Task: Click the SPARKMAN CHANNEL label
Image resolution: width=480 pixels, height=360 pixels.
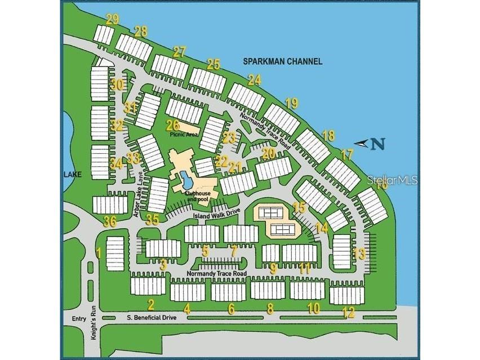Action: click(283, 61)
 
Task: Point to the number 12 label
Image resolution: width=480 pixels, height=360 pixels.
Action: click(349, 312)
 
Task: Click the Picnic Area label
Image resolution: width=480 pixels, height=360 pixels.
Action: click(183, 135)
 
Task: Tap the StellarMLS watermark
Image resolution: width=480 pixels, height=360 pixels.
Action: click(392, 181)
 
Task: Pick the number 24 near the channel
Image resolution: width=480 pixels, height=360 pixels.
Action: click(255, 80)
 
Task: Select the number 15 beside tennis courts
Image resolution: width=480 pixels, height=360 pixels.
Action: click(299, 207)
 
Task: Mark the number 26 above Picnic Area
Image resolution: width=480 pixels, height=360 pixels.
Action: click(172, 125)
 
